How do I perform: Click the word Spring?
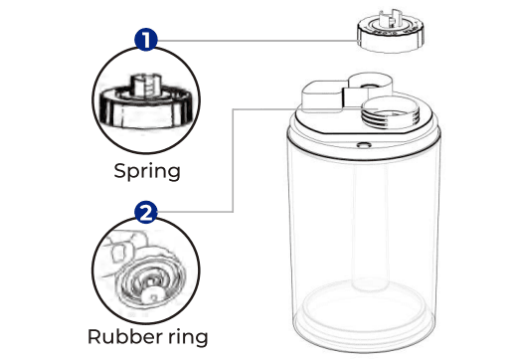pyautogui.click(x=145, y=170)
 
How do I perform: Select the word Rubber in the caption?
pyautogui.click(x=122, y=336)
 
